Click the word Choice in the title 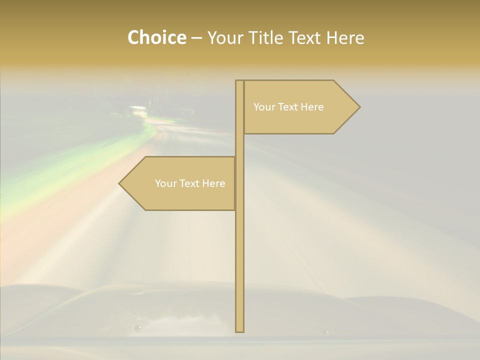click(x=156, y=38)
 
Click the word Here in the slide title click(x=346, y=38)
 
